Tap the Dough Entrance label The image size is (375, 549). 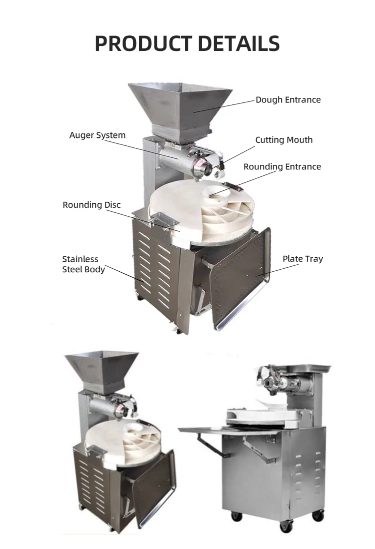tap(288, 100)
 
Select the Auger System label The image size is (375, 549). tap(97, 135)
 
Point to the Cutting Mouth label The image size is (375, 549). tap(283, 140)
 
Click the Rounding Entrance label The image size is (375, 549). tap(282, 167)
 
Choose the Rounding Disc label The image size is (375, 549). tap(91, 205)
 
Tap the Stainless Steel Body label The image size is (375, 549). tap(83, 264)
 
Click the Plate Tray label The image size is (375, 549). tap(302, 259)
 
